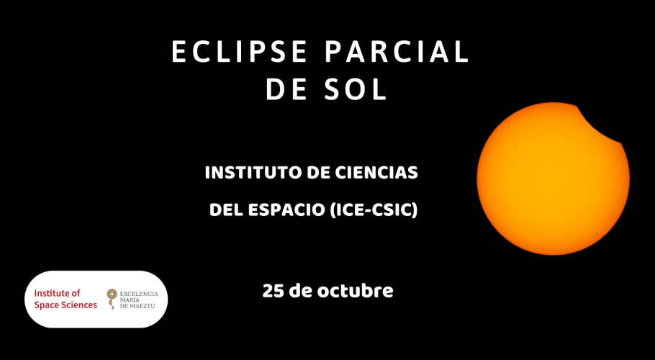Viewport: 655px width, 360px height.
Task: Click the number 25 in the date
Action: click(x=274, y=291)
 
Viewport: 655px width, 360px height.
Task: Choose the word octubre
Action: click(x=355, y=291)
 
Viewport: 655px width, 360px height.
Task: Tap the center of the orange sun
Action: click(x=553, y=179)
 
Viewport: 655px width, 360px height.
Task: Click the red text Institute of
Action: click(x=58, y=293)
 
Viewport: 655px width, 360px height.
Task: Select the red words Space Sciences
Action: click(x=65, y=305)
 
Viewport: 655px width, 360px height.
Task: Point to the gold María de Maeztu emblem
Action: click(x=111, y=299)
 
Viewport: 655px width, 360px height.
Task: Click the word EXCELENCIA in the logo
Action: click(x=139, y=294)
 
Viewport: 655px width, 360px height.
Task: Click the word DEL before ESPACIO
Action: click(x=226, y=210)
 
